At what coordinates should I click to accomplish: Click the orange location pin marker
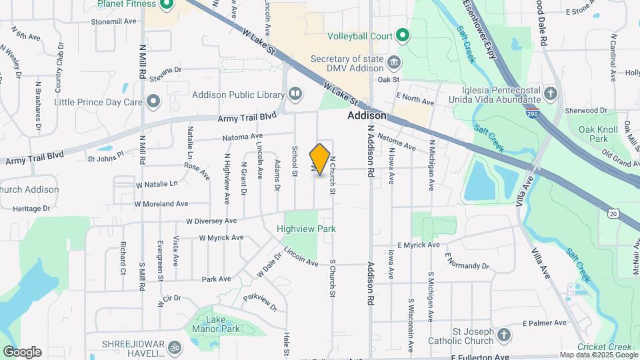point(320,159)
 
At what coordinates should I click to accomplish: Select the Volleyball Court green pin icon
point(402,35)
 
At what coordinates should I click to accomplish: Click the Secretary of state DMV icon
point(394,63)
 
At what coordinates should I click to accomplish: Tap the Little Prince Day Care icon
point(154,102)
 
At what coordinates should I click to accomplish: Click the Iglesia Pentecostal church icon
point(551,93)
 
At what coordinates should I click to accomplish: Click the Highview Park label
point(307,229)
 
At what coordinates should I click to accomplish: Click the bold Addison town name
point(367,115)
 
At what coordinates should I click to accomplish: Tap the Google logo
point(22,351)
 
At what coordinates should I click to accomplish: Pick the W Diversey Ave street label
point(211,221)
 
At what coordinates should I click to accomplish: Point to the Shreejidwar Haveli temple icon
point(175,347)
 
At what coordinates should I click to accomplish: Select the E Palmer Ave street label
point(545,323)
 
